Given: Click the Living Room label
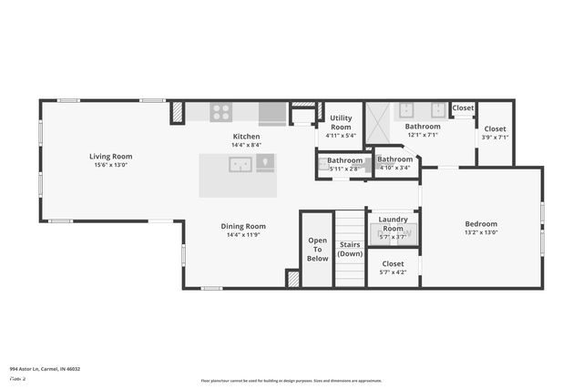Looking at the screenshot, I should click(111, 157).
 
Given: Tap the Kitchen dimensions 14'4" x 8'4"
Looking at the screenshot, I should click(247, 145).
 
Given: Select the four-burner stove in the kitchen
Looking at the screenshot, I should click(220, 112).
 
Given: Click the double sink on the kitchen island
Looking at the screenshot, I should click(240, 165).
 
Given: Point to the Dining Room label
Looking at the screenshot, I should click(243, 226).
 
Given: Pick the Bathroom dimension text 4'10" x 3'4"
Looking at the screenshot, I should click(395, 168).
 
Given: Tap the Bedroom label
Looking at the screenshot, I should click(481, 224).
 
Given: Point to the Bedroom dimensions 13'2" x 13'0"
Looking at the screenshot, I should click(481, 232).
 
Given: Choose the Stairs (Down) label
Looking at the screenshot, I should click(350, 249).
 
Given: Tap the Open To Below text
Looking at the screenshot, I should click(317, 249).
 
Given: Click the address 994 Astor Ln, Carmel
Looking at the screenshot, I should click(46, 369).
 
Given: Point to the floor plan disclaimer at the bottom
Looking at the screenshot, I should click(291, 381).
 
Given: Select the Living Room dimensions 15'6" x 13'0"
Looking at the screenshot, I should click(111, 165).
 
